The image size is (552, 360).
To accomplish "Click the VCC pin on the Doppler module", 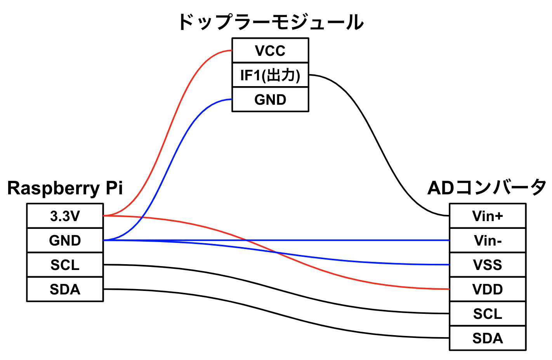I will (x=270, y=50).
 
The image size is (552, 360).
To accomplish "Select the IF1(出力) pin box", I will (x=270, y=75).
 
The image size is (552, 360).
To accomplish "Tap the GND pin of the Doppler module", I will (x=270, y=100).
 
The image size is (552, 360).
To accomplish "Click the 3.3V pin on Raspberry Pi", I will (x=65, y=216).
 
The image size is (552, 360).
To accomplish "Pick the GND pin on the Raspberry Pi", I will (x=65, y=241).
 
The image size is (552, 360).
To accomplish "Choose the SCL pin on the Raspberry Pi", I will (x=65, y=265).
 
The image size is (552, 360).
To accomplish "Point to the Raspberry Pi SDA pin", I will (x=65, y=289).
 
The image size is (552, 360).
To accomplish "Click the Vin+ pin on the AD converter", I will (x=488, y=216).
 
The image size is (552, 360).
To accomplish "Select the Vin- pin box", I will (x=488, y=241).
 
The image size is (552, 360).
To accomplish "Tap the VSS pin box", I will (x=488, y=265).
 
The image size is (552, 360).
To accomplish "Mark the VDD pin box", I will (x=488, y=289).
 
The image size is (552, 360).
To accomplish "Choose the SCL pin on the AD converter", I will (x=488, y=314).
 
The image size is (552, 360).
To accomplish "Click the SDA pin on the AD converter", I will (x=488, y=338).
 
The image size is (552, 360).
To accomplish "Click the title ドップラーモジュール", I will (x=271, y=22).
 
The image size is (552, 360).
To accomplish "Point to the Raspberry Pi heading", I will (x=65, y=188).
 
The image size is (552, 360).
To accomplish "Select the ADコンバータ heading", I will (x=487, y=188).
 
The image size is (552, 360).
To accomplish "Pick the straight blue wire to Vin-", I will (x=349, y=240).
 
